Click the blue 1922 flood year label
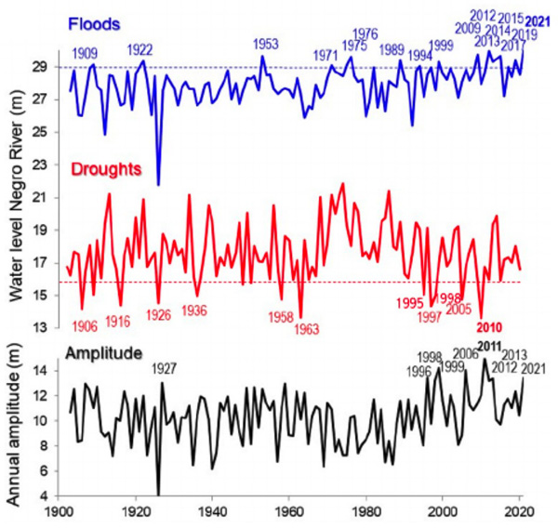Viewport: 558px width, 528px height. click(x=140, y=48)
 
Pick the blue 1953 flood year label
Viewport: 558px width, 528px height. click(x=266, y=44)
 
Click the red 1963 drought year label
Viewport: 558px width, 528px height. click(x=307, y=327)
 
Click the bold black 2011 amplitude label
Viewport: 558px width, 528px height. click(x=489, y=346)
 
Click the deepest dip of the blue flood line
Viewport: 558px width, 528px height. click(x=158, y=185)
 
